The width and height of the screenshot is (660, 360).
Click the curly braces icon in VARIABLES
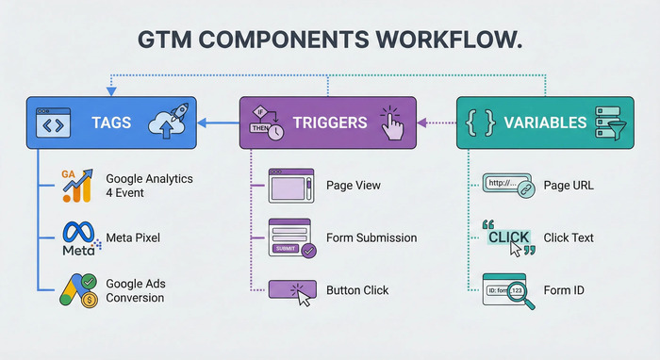coord(480,123)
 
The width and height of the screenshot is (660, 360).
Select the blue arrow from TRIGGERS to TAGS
coord(220,122)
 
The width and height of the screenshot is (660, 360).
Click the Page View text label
coord(353,185)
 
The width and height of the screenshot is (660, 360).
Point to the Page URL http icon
coord(510,187)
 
